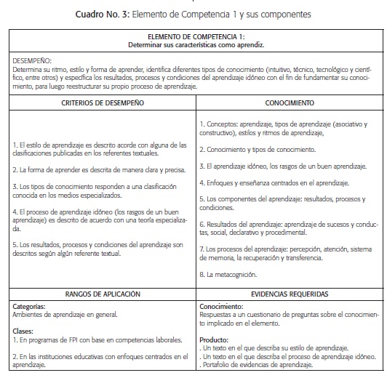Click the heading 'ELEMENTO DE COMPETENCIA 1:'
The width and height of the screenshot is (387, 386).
click(x=193, y=35)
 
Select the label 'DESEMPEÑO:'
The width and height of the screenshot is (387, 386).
click(x=30, y=54)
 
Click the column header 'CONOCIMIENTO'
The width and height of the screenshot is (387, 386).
click(x=289, y=104)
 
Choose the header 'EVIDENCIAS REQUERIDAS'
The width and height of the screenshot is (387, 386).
click(x=289, y=294)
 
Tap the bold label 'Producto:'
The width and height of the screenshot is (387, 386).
click(x=214, y=338)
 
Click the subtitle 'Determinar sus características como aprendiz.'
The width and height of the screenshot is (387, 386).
click(x=193, y=42)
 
